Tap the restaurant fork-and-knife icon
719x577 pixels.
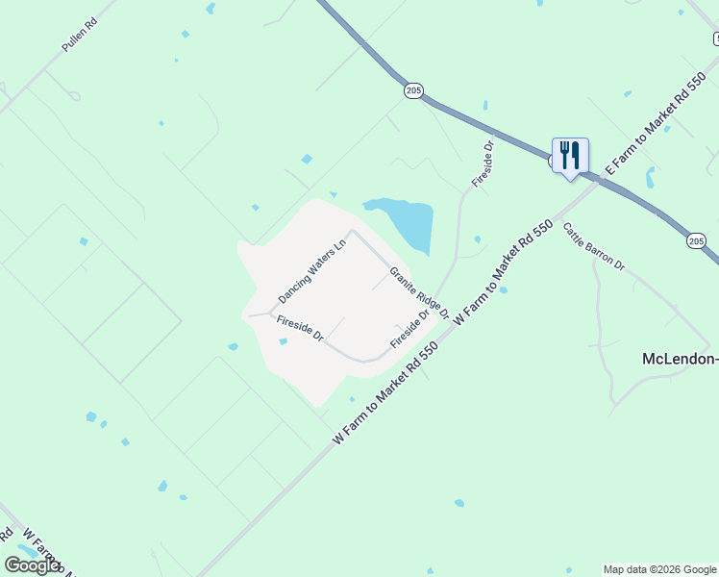coord(570,154)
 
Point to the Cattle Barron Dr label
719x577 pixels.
coord(593,247)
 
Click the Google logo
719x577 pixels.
coord(32,565)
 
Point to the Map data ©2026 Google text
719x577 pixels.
coord(659,569)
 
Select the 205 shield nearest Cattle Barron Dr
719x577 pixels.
coord(697,240)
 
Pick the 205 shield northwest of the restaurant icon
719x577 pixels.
coord(413,90)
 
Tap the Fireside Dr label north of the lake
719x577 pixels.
coord(482,164)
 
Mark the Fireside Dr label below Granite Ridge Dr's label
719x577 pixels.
coord(409,331)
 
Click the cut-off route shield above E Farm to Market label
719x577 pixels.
coord(716,38)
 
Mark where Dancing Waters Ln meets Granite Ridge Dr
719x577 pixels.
coord(351,231)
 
